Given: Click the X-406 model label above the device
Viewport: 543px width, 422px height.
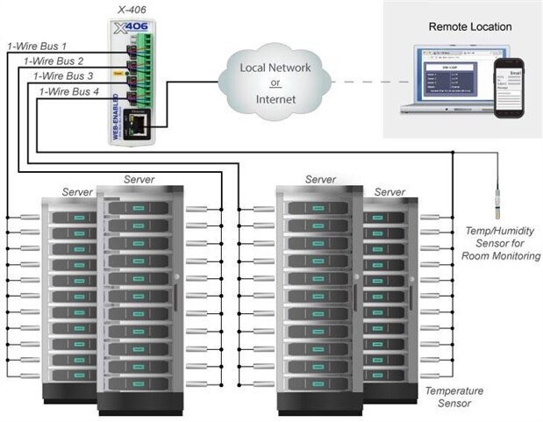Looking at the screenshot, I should click(x=132, y=10).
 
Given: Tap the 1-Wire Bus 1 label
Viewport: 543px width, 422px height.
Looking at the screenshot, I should click(x=37, y=45).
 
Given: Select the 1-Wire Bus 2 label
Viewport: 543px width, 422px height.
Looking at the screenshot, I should click(x=54, y=61).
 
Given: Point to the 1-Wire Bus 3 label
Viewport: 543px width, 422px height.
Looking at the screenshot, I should click(x=63, y=76).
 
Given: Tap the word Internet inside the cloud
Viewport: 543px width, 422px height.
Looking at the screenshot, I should click(x=275, y=100).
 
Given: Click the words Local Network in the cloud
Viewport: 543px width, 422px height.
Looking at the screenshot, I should click(x=275, y=68).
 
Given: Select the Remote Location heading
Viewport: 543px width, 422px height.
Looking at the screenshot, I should click(x=469, y=26).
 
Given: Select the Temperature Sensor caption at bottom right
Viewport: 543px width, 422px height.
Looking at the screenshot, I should click(x=447, y=397).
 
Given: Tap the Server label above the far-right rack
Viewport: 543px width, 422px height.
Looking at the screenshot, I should click(x=389, y=191).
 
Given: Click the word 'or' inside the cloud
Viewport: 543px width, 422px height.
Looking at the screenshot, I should click(x=275, y=84).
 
